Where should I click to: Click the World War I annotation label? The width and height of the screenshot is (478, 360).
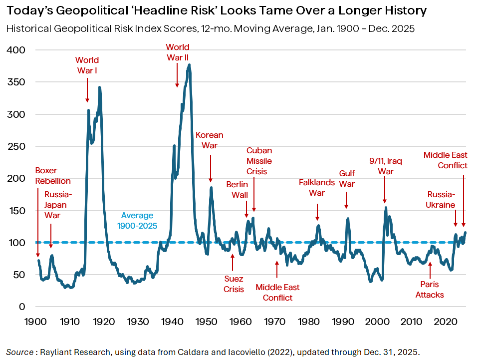(87, 65)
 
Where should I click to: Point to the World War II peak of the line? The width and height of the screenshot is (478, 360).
(189, 65)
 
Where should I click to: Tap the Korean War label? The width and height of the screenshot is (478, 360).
(210, 140)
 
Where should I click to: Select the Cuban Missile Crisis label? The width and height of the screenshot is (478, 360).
(259, 161)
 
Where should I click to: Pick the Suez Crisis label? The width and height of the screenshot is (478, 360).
(234, 284)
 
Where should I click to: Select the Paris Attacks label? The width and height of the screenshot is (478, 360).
(430, 290)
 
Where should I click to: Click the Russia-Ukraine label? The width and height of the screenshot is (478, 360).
(441, 199)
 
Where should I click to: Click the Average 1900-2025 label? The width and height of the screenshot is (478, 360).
(137, 221)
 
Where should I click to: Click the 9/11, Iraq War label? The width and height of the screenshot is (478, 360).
(386, 166)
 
